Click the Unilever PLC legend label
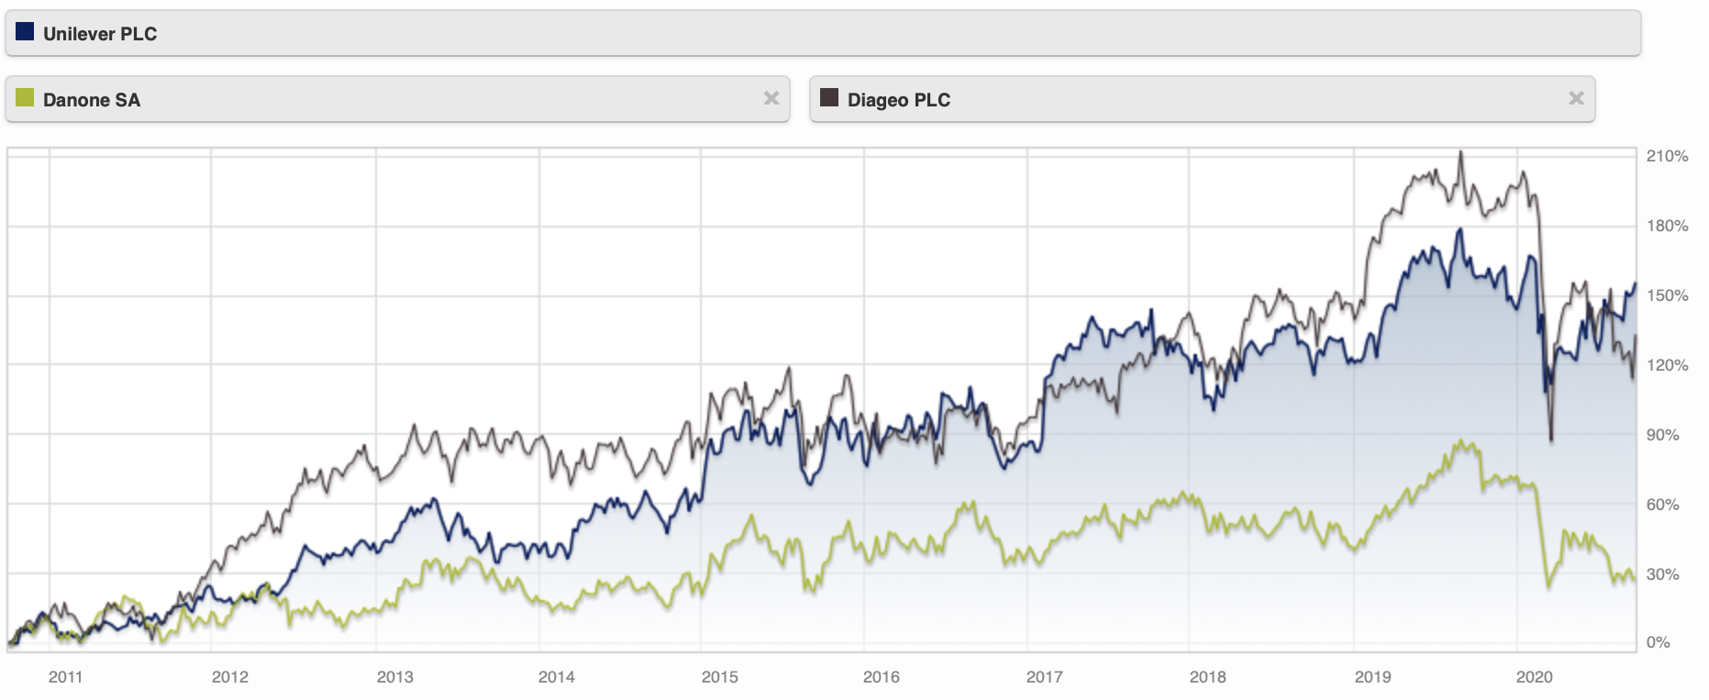pos(99,34)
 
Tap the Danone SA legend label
pos(91,100)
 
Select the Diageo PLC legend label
pos(898,100)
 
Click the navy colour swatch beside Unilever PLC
pos(25,32)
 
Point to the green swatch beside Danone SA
pos(25,97)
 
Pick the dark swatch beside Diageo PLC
pos(829,97)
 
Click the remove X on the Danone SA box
pos(771,98)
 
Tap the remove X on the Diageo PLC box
pos(1576,98)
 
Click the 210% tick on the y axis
pos(1667,156)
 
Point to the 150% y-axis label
pos(1667,295)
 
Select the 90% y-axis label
pos(1662,435)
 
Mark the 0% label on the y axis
pos(1658,642)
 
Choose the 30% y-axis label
pos(1662,574)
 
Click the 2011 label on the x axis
pos(65,677)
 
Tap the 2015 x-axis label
pos(719,677)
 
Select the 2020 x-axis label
pos(1534,677)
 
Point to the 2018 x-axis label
pos(1207,677)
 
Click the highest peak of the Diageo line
pos(1461,152)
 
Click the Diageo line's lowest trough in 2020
pos(1551,441)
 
